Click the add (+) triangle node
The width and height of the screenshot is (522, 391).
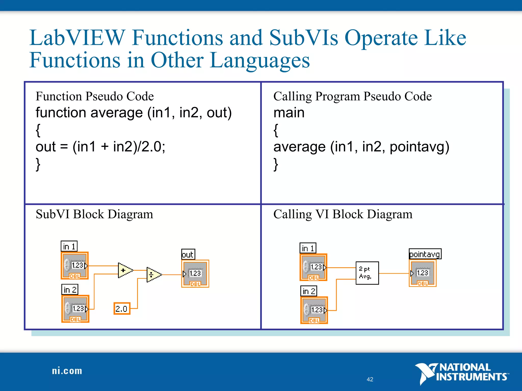(x=124, y=270)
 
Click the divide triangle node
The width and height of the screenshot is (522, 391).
(x=153, y=275)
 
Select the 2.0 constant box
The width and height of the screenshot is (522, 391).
(x=122, y=309)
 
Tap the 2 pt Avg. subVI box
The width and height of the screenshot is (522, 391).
(x=367, y=273)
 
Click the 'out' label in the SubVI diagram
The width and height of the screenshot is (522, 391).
(x=188, y=254)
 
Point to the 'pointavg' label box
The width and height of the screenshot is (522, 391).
(x=425, y=254)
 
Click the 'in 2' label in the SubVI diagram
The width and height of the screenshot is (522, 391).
(x=70, y=289)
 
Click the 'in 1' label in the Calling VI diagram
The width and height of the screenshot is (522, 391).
(x=308, y=248)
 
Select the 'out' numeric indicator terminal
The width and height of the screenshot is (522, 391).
(x=195, y=274)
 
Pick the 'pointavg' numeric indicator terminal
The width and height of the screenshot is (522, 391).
(x=423, y=273)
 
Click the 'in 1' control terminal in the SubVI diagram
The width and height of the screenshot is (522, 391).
(x=75, y=266)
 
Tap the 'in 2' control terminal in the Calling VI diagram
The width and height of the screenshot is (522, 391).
(x=314, y=310)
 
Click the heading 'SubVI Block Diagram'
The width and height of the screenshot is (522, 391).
(x=94, y=214)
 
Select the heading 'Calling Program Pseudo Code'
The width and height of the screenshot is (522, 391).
(x=353, y=96)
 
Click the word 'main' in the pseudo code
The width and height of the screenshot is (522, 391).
(x=289, y=113)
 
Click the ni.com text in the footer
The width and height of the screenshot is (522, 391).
(x=67, y=371)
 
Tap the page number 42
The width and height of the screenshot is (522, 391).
(x=370, y=379)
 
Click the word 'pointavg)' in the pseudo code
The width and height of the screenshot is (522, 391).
(x=419, y=147)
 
